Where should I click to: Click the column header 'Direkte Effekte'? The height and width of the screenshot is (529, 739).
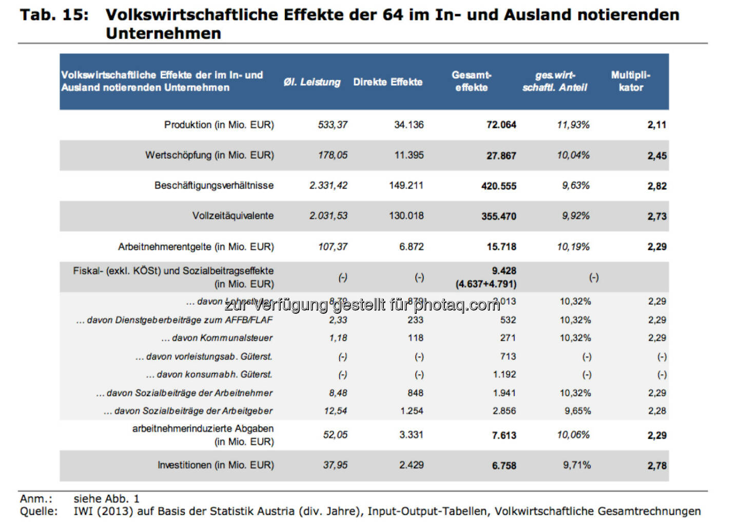point(387,82)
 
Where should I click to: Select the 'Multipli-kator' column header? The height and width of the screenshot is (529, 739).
point(630,81)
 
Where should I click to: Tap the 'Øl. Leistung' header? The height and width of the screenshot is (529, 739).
point(312,82)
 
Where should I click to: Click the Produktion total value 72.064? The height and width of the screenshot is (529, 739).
point(501,125)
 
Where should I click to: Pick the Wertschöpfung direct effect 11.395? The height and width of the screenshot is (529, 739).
point(409,155)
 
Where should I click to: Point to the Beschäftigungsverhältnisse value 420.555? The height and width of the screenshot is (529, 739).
point(498,186)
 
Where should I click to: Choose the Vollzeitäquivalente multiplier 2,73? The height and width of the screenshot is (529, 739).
point(656,216)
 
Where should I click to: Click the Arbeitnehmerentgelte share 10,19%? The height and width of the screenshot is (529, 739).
point(573,247)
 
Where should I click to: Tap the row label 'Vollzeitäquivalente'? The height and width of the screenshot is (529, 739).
point(232,216)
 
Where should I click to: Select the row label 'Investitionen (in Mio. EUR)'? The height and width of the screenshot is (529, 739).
point(216,465)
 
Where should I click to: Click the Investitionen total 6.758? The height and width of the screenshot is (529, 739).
point(504,466)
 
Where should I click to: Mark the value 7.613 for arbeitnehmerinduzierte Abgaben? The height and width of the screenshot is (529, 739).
point(504,436)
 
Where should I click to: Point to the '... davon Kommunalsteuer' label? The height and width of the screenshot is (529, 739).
point(217,338)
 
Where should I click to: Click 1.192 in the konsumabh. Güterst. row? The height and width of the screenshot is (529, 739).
point(504,375)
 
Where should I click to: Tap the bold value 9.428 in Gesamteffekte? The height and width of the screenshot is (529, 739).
point(503,271)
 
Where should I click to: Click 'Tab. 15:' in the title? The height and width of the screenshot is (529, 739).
point(54,15)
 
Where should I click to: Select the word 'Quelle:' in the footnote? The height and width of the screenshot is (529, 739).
point(38,512)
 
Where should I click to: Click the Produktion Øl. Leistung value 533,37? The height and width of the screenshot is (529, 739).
point(332,125)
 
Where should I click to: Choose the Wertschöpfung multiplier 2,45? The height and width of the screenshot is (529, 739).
point(656,156)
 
